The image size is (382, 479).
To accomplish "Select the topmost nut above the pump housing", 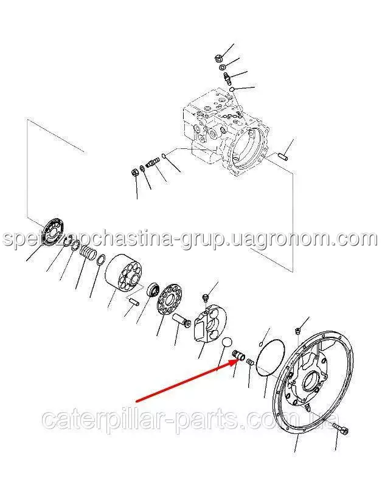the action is [218, 57].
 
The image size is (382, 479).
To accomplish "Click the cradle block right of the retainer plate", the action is [210, 326].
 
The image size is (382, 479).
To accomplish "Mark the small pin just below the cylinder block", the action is [133, 302].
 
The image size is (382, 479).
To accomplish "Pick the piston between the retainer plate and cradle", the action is [179, 321].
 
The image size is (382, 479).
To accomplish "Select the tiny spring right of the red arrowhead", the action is [250, 362].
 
